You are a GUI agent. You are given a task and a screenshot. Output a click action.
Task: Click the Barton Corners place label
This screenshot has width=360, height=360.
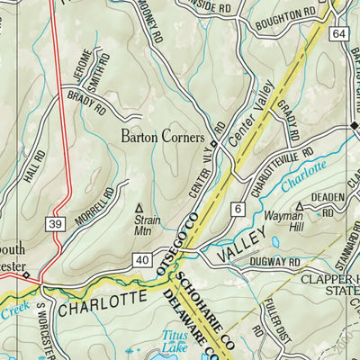tap(166, 139)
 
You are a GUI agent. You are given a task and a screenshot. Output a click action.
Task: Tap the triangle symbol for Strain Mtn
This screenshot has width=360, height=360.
tap(139, 206)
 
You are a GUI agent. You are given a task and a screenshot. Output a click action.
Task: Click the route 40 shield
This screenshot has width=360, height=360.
tap(141, 260)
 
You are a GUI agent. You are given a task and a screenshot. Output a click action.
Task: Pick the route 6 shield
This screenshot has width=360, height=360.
tap(238, 210)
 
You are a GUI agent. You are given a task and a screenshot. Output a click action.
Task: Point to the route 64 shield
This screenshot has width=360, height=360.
tap(337, 33)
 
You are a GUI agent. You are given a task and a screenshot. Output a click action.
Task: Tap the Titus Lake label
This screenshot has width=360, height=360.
tap(176, 339)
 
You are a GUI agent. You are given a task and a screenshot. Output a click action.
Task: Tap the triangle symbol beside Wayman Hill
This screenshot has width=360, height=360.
tap(300, 206)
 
